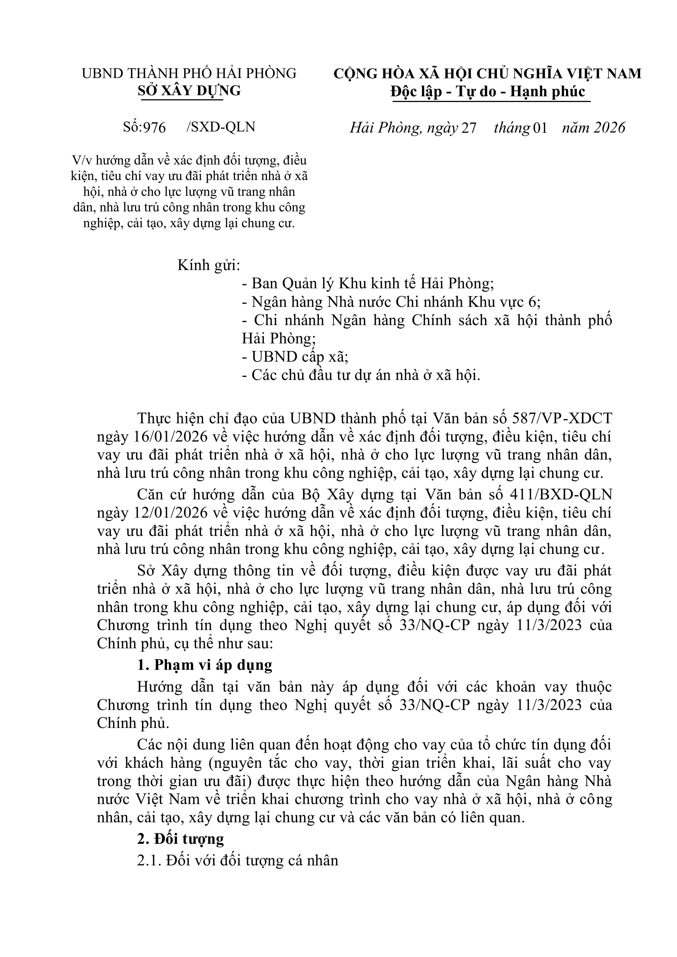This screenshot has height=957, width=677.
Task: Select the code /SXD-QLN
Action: (221, 127)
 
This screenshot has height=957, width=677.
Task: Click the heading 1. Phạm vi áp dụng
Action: (205, 665)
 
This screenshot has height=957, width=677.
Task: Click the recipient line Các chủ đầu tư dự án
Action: (361, 376)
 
